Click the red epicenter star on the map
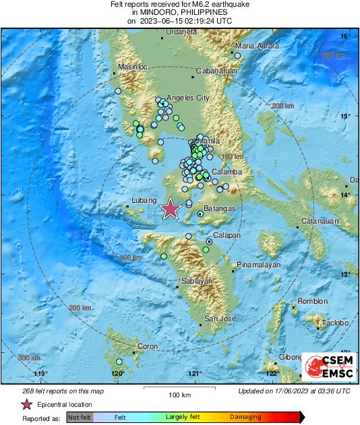[171, 209]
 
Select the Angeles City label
[189, 98]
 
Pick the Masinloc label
[132, 67]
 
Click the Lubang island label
[142, 201]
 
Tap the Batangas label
[219, 209]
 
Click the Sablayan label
[197, 281]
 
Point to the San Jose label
[220, 319]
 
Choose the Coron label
[147, 347]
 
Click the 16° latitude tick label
[344, 36]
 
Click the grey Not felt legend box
[79, 418]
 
